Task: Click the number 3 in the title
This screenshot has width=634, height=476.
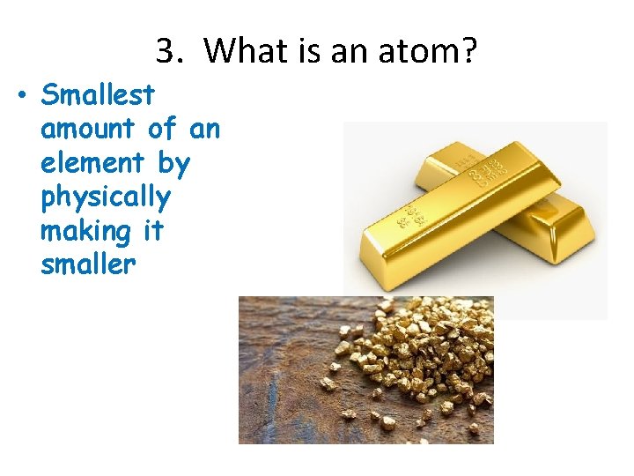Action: point(165,52)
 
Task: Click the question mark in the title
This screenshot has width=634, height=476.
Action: point(468,52)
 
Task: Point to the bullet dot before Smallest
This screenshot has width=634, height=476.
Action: point(20,94)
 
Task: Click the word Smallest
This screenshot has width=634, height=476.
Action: point(98,94)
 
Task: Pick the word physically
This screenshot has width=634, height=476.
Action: point(105,197)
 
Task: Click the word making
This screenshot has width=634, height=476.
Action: point(85,231)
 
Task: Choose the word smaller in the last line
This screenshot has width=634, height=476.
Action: point(88,265)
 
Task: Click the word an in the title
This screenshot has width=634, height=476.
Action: point(346,52)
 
